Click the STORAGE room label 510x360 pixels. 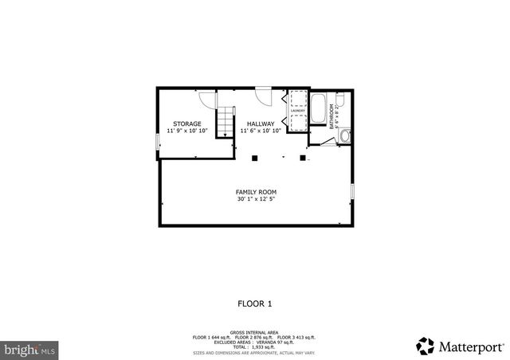(187, 123)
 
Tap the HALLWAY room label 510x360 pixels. (261, 123)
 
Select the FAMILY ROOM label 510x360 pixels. (255, 192)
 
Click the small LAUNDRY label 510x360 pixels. (297, 112)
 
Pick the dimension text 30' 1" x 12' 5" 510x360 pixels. (255, 199)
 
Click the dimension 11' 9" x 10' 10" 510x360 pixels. (187, 131)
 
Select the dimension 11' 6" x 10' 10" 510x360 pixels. (261, 131)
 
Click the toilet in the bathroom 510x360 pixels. (340, 100)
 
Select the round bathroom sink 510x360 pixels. (343, 135)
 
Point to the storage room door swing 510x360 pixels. (207, 100)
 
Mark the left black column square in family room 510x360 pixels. (255, 158)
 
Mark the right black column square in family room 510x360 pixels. (303, 158)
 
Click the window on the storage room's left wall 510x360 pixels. (158, 141)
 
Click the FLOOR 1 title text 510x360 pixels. (255, 303)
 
